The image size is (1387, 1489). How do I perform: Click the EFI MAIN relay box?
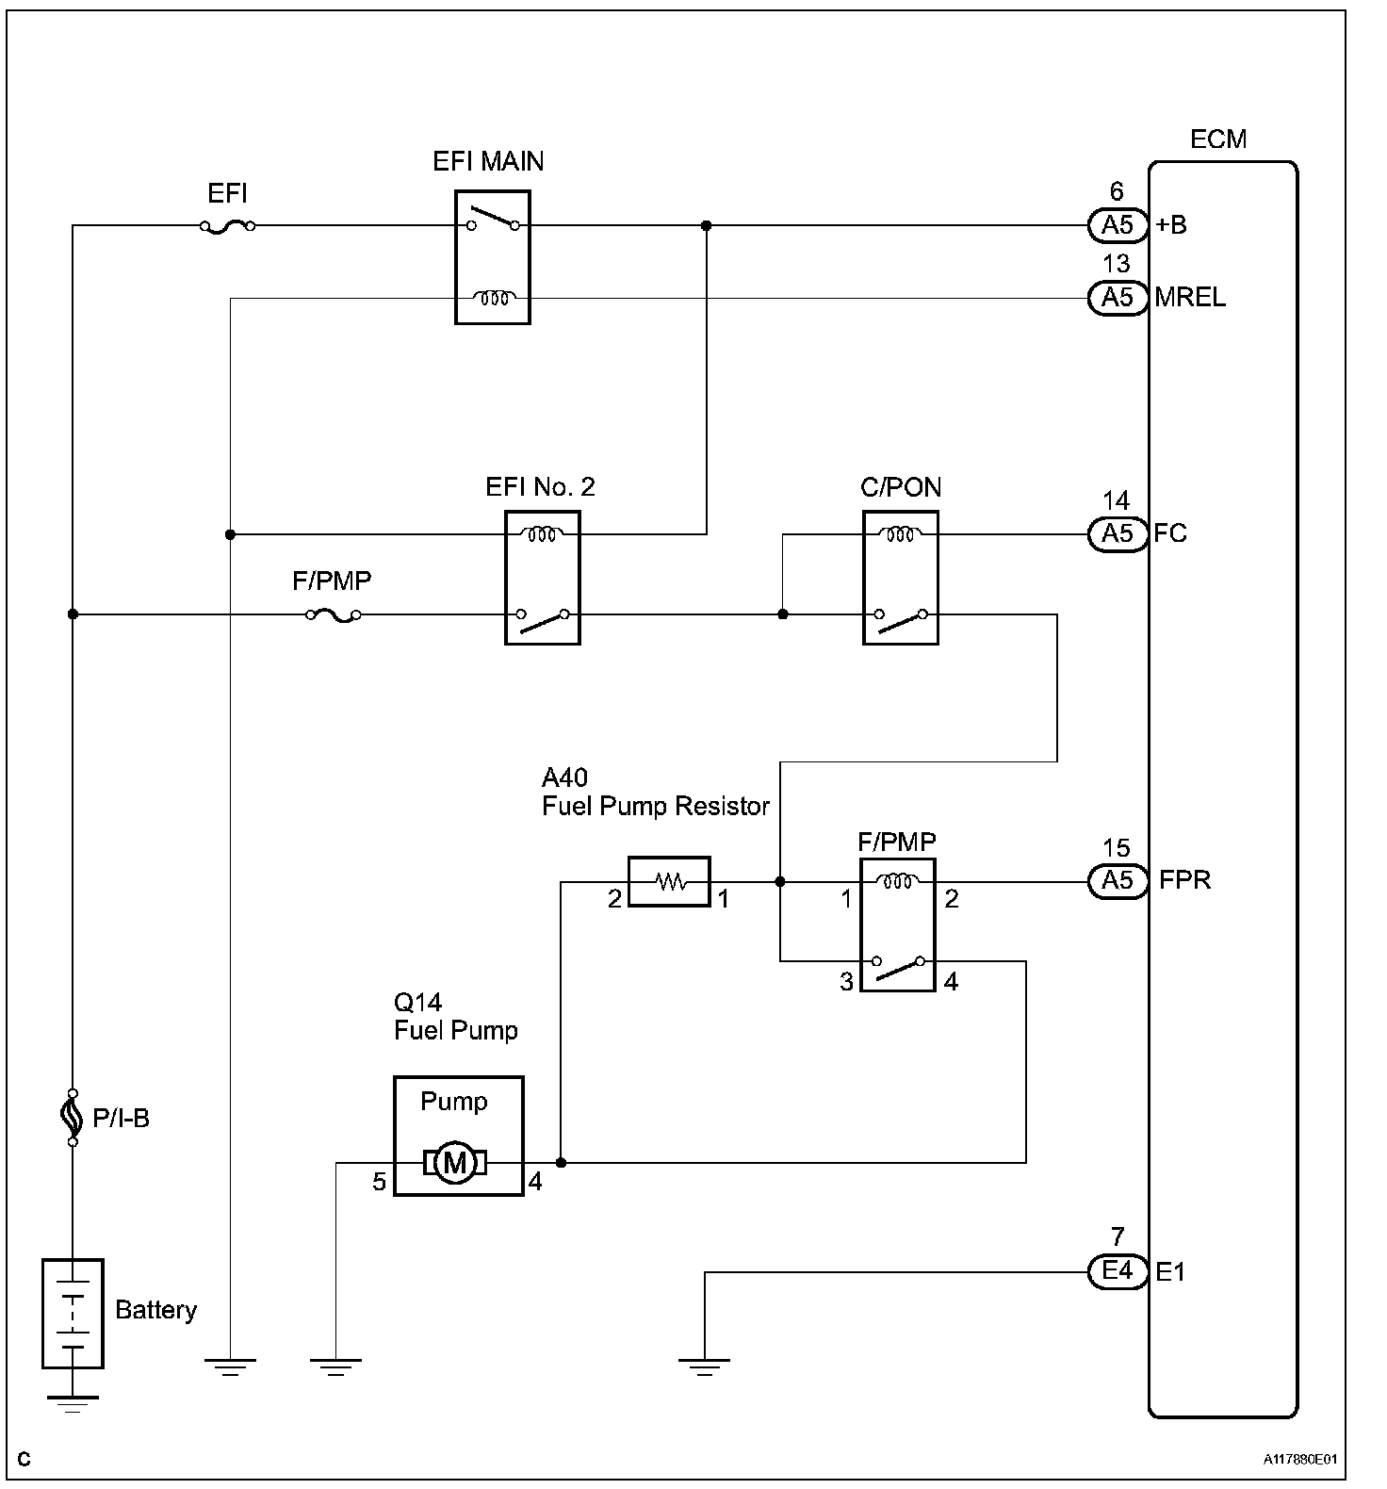point(492,257)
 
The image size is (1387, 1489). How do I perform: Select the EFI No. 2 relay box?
point(542,578)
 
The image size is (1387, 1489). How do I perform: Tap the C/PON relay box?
point(900,578)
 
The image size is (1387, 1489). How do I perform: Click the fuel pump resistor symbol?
point(669,882)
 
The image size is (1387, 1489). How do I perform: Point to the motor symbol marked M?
point(456,1163)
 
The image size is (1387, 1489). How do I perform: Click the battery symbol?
point(73,1312)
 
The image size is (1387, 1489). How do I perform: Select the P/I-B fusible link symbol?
point(73,1118)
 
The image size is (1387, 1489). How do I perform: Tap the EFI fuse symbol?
point(228,226)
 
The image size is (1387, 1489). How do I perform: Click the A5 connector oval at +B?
point(1117,225)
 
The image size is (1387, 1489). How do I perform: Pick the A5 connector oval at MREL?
point(1117,298)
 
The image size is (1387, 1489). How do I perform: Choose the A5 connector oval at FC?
point(1117,534)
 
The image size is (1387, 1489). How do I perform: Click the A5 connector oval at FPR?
point(1117,881)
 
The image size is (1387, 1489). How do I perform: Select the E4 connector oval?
point(1117,1271)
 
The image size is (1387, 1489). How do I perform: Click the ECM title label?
point(1218,139)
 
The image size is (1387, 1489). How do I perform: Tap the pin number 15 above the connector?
point(1116,848)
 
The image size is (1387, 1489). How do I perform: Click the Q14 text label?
point(417,1002)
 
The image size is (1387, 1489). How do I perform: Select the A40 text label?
point(564,777)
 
